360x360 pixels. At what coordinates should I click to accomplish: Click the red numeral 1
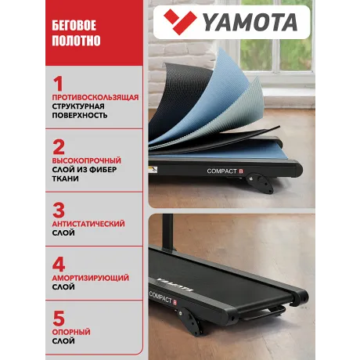(x=57, y=83)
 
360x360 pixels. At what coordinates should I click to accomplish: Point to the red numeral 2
(x=58, y=146)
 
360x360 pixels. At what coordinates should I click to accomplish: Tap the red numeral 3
(x=58, y=210)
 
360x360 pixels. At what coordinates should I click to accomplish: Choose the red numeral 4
(x=58, y=261)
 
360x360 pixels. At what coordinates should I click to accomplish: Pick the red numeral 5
(x=58, y=318)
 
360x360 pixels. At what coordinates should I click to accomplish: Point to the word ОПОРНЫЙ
(x=70, y=332)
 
